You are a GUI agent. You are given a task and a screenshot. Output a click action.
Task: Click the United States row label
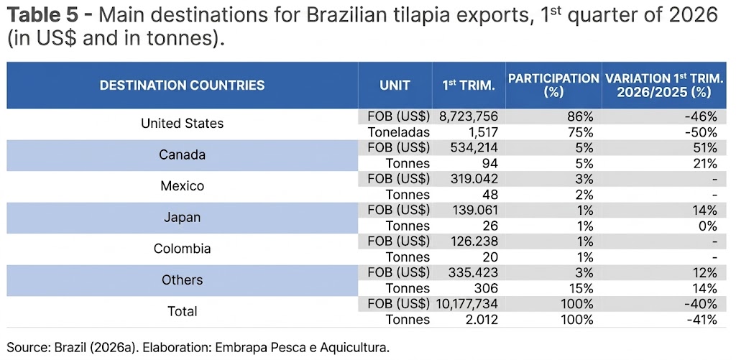coord(182,124)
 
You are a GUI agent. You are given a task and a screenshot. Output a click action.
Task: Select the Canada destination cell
coord(182,155)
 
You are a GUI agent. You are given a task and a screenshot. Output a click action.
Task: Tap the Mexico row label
coord(182,186)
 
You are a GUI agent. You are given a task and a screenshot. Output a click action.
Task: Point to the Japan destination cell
coord(182,218)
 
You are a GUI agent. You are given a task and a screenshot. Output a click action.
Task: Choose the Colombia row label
coord(182,249)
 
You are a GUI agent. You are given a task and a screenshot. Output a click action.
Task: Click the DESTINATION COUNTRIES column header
coord(182,86)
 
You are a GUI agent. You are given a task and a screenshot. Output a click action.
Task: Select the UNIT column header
coord(395,86)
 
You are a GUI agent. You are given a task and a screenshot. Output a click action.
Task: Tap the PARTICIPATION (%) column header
coord(553,86)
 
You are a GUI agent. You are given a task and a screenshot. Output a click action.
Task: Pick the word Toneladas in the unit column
coord(399,131)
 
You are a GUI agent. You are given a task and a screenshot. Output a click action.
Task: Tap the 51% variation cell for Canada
coord(705,147)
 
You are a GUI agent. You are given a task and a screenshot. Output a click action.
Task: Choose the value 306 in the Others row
coord(487,288)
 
